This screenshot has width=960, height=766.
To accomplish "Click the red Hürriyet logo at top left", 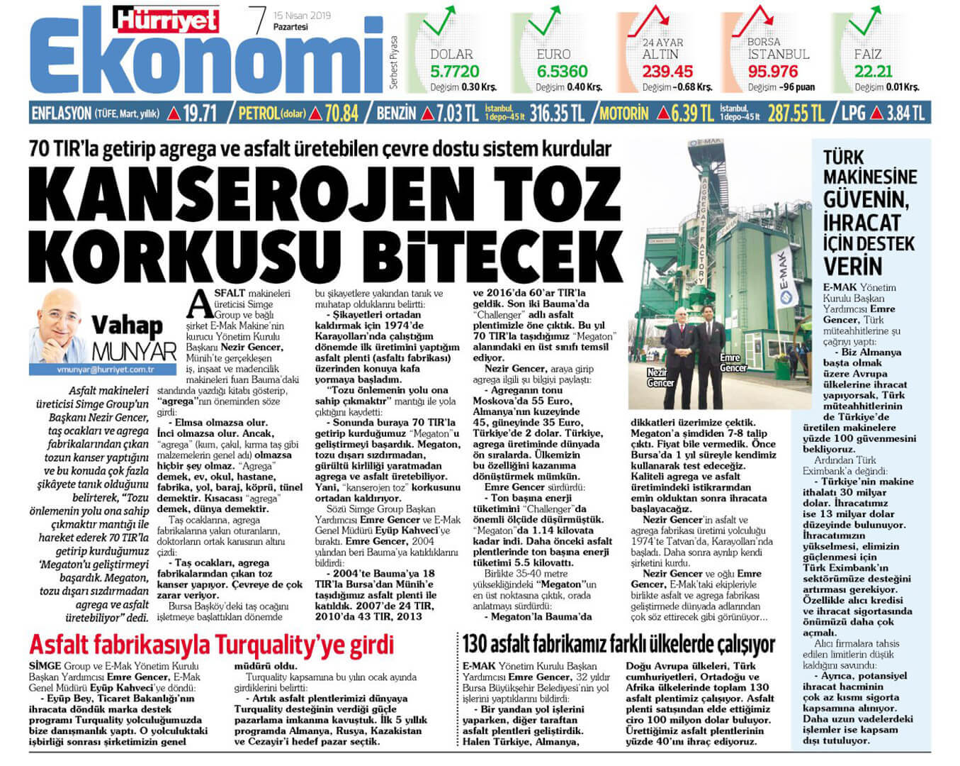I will point(168,21).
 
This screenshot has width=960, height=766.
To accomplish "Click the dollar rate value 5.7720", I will point(454,72).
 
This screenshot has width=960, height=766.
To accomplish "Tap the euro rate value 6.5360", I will point(562,72).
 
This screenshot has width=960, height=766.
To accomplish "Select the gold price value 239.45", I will point(667,72).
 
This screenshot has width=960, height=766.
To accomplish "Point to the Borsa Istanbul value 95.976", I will point(773,72).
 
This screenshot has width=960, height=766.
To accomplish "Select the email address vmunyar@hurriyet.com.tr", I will point(106,370).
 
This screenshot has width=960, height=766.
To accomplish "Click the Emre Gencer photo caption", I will point(733,363).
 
